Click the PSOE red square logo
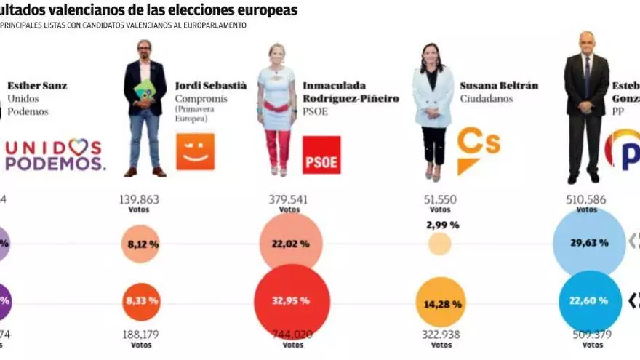tap(321, 155)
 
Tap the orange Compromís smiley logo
tap(196, 152)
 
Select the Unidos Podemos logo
tap(55, 154)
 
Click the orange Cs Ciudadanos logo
tap(478, 150)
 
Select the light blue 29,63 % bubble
tap(588, 243)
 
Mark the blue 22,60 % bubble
tap(588, 300)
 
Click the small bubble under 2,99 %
tap(439, 244)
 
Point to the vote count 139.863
tap(138, 200)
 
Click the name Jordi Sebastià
tap(211, 86)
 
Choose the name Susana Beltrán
tap(499, 86)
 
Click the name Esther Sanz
tap(37, 86)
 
